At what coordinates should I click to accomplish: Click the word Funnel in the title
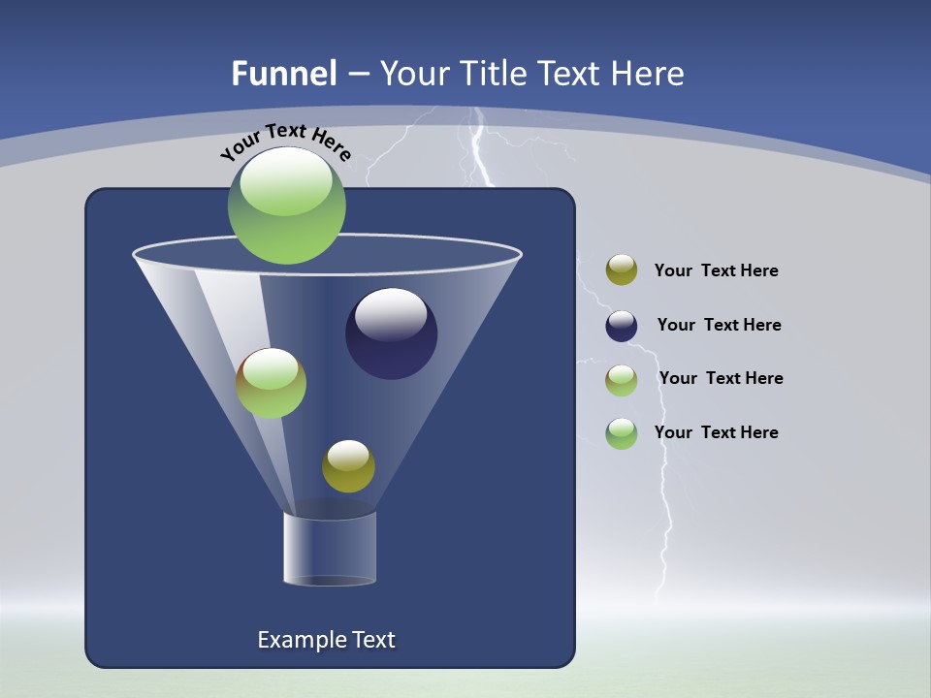click(x=283, y=74)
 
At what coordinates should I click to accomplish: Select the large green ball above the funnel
click(x=286, y=206)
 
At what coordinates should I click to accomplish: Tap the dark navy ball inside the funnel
click(x=391, y=334)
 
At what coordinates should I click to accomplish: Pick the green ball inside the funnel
click(x=271, y=383)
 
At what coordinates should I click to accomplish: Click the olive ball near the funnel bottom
click(x=348, y=466)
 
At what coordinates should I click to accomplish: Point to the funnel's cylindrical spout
click(x=330, y=550)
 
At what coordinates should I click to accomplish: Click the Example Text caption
click(x=326, y=640)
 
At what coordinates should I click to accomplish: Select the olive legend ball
click(x=622, y=270)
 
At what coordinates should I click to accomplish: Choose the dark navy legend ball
click(x=622, y=326)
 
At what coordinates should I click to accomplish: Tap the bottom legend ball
click(x=622, y=433)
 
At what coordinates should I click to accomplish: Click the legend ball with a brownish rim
click(x=622, y=380)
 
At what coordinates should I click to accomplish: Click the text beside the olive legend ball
click(x=716, y=271)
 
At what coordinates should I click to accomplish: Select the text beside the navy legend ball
click(x=719, y=326)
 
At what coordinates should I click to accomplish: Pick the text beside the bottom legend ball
click(x=716, y=433)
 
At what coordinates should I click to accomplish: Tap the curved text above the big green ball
click(x=285, y=142)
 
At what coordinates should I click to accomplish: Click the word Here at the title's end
click(x=648, y=74)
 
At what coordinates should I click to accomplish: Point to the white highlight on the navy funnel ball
click(x=391, y=314)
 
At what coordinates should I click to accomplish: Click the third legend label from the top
click(x=721, y=379)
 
